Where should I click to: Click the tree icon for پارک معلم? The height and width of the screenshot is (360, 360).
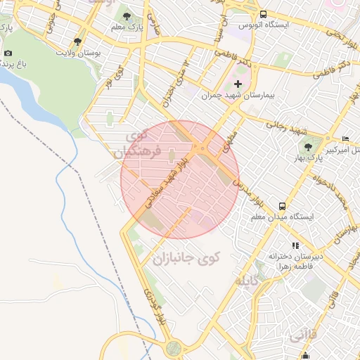click(127, 15)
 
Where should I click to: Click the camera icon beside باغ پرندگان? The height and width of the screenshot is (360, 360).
click(8, 53)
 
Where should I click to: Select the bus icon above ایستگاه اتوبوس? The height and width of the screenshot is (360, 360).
click(263, 14)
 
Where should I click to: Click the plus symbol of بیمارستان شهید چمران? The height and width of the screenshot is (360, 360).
click(237, 84)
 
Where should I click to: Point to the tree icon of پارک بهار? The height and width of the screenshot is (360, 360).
click(308, 146)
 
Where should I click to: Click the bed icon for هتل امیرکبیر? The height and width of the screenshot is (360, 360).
click(345, 139)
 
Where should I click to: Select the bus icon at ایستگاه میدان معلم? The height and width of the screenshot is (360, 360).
click(282, 206)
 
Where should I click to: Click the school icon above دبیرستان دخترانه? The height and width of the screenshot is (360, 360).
click(295, 245)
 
